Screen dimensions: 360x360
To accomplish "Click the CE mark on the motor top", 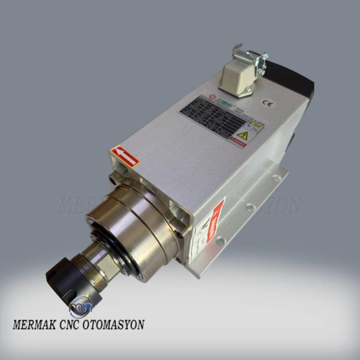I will tap(266, 102).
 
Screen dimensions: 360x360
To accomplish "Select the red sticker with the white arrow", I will tap(125, 156).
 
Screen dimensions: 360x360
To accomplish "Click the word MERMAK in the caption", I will tap(35, 325).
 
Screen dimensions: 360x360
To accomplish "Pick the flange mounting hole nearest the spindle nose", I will tap(220, 241).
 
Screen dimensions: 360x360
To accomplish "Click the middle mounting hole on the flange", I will tap(250, 207).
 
